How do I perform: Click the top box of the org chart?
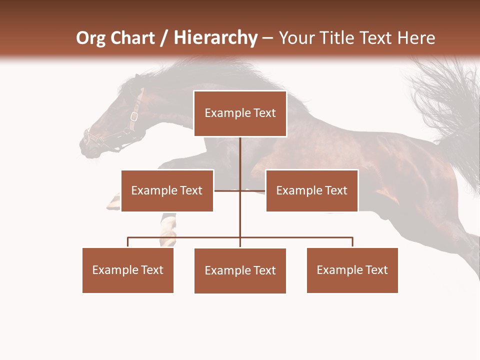[x=240, y=113]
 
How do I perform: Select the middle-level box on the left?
[x=167, y=190]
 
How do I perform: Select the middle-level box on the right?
[x=311, y=190]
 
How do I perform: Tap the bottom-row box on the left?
[x=128, y=270]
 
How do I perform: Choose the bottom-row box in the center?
[x=240, y=270]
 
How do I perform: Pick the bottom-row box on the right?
[x=352, y=270]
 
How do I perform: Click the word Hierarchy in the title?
[x=215, y=38]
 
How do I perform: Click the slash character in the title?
[x=164, y=38]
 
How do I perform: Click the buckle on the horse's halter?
[x=134, y=117]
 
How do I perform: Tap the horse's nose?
[x=86, y=142]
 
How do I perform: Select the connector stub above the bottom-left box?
[x=128, y=242]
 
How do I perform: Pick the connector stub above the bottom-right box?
[x=352, y=242]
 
